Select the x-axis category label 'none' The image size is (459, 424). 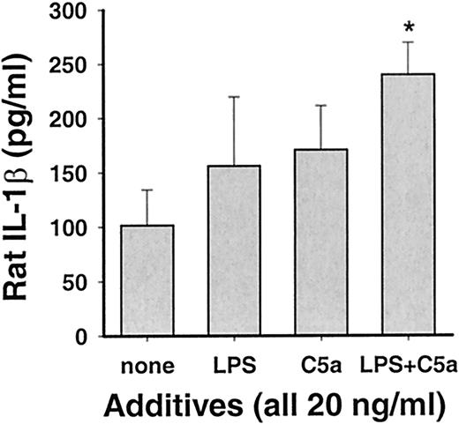point(147,362)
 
